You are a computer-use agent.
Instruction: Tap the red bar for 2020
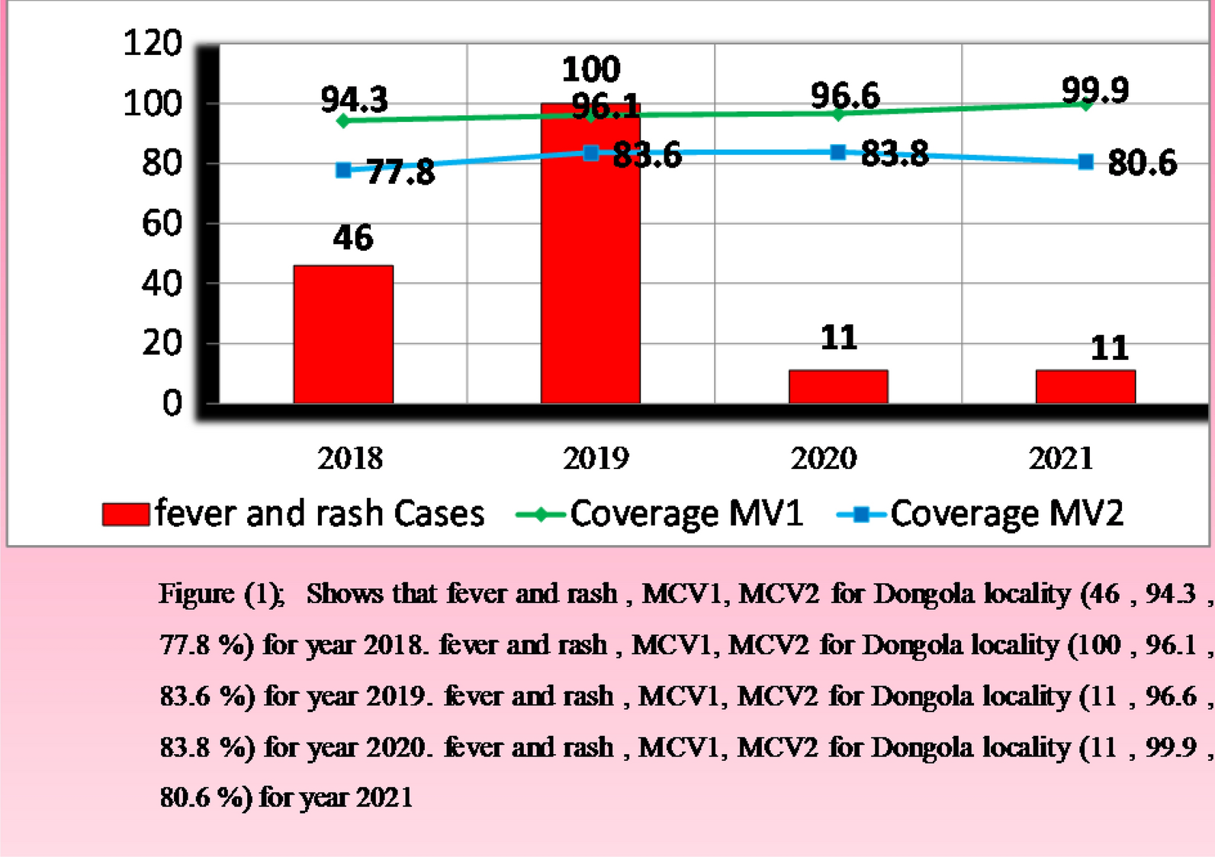[838, 387]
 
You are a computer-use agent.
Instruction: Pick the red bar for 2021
[1085, 387]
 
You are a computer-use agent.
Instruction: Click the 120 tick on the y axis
[153, 43]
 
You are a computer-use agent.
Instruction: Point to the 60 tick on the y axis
[162, 223]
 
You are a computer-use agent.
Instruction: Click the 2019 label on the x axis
[596, 458]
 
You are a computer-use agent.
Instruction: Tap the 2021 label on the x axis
[1061, 458]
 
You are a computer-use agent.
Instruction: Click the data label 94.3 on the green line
[354, 99]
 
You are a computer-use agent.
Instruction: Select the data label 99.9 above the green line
[1095, 90]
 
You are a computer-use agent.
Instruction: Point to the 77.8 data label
[400, 172]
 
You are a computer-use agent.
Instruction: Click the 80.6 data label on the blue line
[1142, 163]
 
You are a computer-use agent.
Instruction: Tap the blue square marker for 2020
[837, 152]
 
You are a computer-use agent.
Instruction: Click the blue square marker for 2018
[343, 170]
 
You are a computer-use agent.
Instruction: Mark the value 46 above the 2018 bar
[352, 238]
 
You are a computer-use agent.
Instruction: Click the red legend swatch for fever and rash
[126, 515]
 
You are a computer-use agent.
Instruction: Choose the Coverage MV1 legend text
[686, 514]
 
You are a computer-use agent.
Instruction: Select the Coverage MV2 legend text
[1007, 514]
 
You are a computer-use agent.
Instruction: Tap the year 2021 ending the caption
[384, 798]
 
